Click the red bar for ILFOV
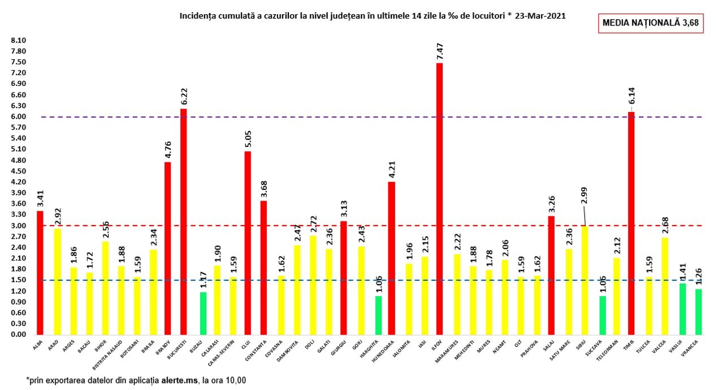tap(439, 198)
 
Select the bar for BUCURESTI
tap(183, 221)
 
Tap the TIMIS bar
tap(631, 223)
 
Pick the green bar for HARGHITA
tap(378, 315)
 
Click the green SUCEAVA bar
tap(603, 315)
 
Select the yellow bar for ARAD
tap(57, 281)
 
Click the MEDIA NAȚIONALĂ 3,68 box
tap(650, 23)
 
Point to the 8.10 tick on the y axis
tap(19, 41)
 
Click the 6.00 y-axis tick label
tap(19, 117)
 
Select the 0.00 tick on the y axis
tap(19, 335)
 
